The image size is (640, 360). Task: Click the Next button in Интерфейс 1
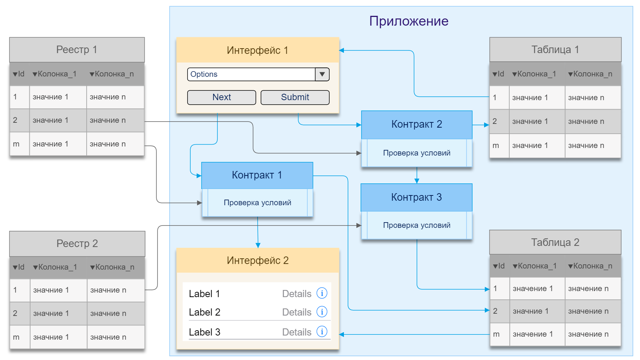[221, 97]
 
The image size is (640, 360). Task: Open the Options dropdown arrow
[322, 74]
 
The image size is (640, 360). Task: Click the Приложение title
[408, 21]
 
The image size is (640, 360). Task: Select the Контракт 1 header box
[257, 175]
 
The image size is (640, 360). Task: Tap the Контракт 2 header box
[417, 124]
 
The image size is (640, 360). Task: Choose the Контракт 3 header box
[416, 197]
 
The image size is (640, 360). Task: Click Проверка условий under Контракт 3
[417, 225]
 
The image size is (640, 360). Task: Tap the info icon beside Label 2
[322, 312]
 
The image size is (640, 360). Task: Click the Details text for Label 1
[296, 294]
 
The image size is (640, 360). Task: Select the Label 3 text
[205, 332]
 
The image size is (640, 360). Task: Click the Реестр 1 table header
[77, 50]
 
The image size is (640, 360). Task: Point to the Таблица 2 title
[555, 242]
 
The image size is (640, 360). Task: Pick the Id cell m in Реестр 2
[16, 337]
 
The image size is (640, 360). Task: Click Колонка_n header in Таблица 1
[590, 74]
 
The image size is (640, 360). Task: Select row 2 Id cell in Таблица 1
[495, 121]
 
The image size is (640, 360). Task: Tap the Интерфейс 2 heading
[258, 260]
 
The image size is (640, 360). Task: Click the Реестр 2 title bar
[77, 243]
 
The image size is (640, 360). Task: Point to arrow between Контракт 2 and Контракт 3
[417, 175]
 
